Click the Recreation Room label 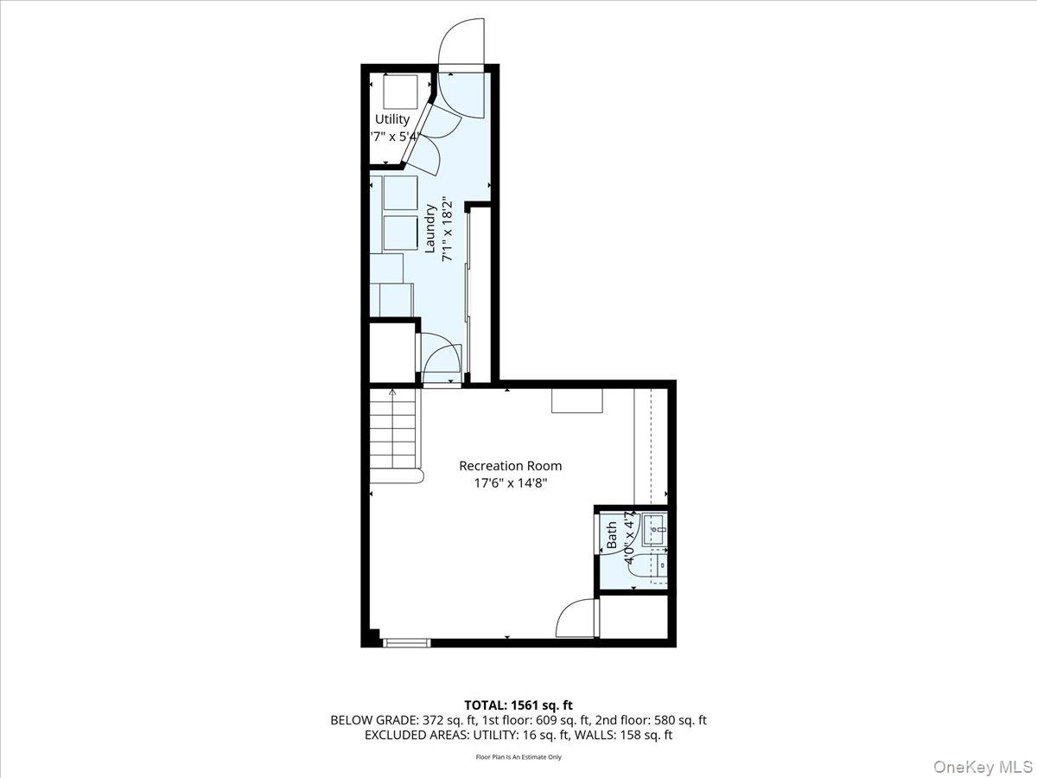pyautogui.click(x=510, y=466)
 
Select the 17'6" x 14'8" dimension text pyautogui.click(x=510, y=483)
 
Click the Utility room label pyautogui.click(x=392, y=119)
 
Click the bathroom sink pyautogui.click(x=654, y=529)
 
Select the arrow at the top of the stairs pyautogui.click(x=392, y=393)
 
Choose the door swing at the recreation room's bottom pyautogui.click(x=576, y=618)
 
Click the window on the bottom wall pyautogui.click(x=406, y=642)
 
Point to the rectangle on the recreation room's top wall pyautogui.click(x=577, y=400)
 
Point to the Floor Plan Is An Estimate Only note pyautogui.click(x=518, y=757)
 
